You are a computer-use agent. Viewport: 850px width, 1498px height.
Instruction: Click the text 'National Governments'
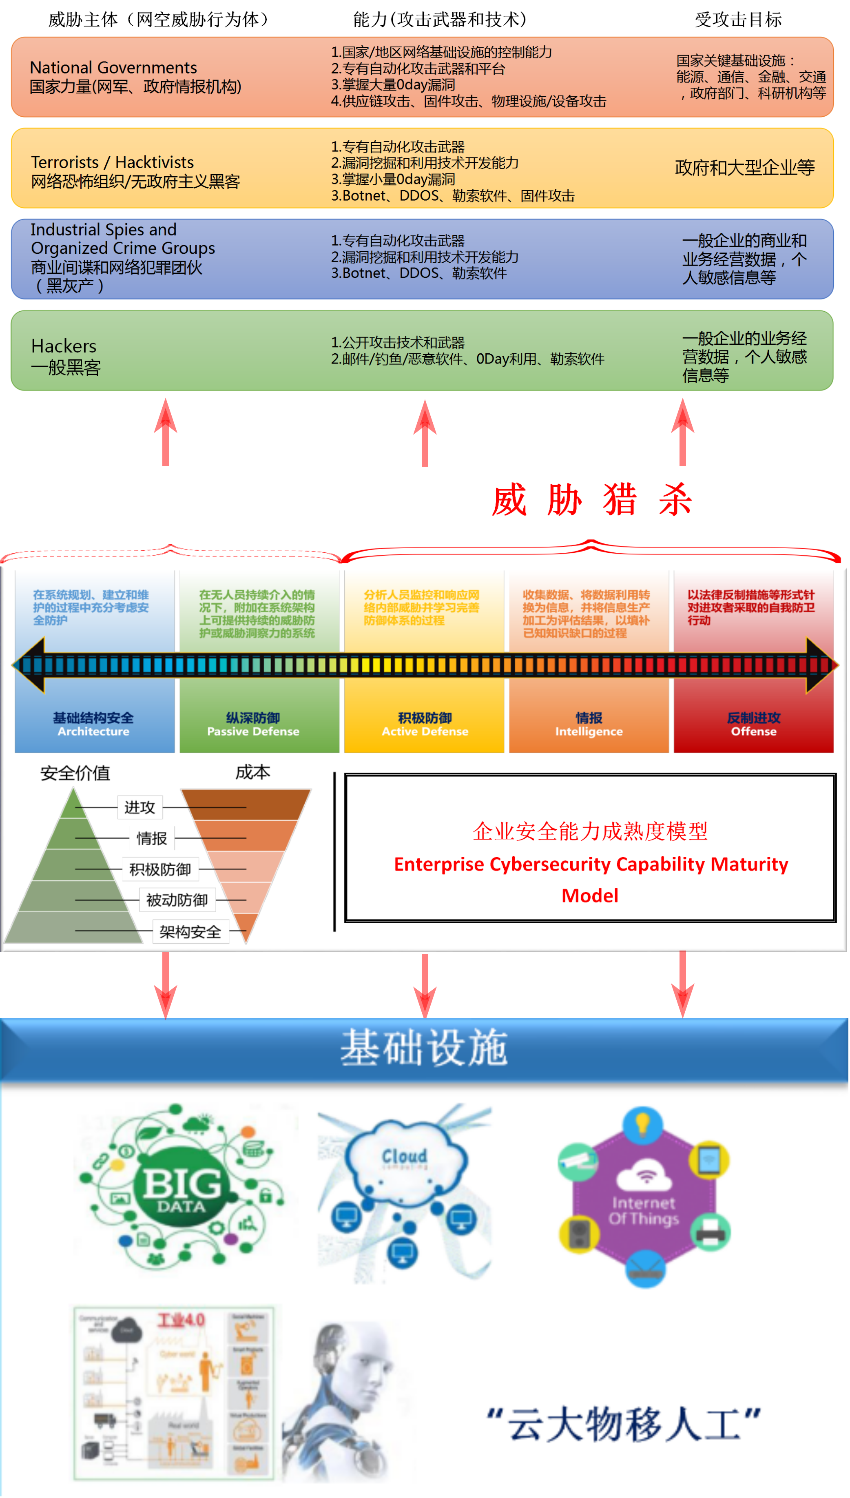(113, 68)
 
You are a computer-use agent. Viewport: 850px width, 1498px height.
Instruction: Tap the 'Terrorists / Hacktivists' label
(112, 162)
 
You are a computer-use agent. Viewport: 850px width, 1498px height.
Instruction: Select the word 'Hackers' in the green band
(64, 346)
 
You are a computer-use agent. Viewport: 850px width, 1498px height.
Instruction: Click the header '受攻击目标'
(738, 20)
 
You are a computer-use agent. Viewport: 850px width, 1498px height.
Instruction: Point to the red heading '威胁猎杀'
(591, 500)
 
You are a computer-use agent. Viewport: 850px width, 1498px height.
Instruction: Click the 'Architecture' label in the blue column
(93, 731)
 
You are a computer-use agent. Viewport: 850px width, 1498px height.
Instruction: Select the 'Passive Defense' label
(253, 731)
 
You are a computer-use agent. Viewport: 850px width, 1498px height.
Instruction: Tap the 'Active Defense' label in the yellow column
(425, 731)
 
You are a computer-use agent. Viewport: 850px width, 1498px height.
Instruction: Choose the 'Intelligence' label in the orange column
(589, 731)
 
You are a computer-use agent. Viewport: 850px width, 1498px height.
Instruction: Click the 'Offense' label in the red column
(754, 731)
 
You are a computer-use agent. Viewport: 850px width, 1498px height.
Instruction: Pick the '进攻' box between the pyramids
(139, 807)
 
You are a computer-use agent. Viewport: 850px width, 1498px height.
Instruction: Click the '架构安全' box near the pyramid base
(190, 932)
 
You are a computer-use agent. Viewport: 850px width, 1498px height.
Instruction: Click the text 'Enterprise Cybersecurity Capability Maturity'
(591, 864)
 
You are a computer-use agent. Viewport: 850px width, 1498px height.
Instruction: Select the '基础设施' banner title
(425, 1048)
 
